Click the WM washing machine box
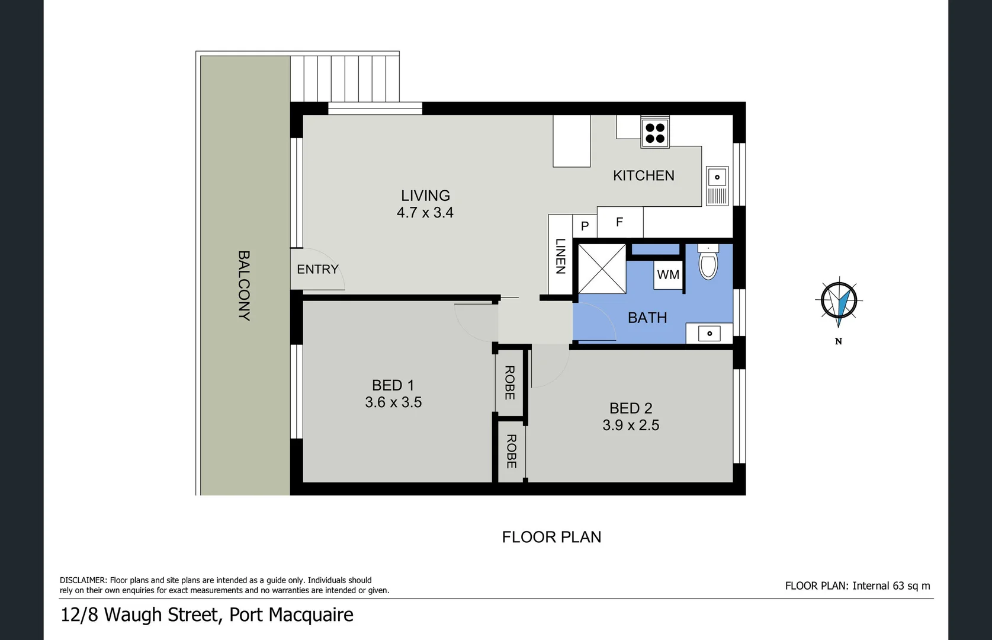[x=668, y=275]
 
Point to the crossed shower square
[x=602, y=268]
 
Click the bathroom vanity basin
[x=709, y=334]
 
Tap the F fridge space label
[x=619, y=222]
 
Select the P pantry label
[x=585, y=226]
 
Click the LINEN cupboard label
[x=560, y=256]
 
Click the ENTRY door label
[x=317, y=270]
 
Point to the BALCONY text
[x=243, y=286]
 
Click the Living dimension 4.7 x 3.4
[x=425, y=213]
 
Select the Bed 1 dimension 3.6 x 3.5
[x=393, y=402]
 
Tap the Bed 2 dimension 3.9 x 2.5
[x=631, y=425]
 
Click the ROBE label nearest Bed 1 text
[x=509, y=383]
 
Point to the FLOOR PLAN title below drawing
[x=551, y=537]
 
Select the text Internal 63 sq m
[x=891, y=586]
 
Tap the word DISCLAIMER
[x=83, y=581]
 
